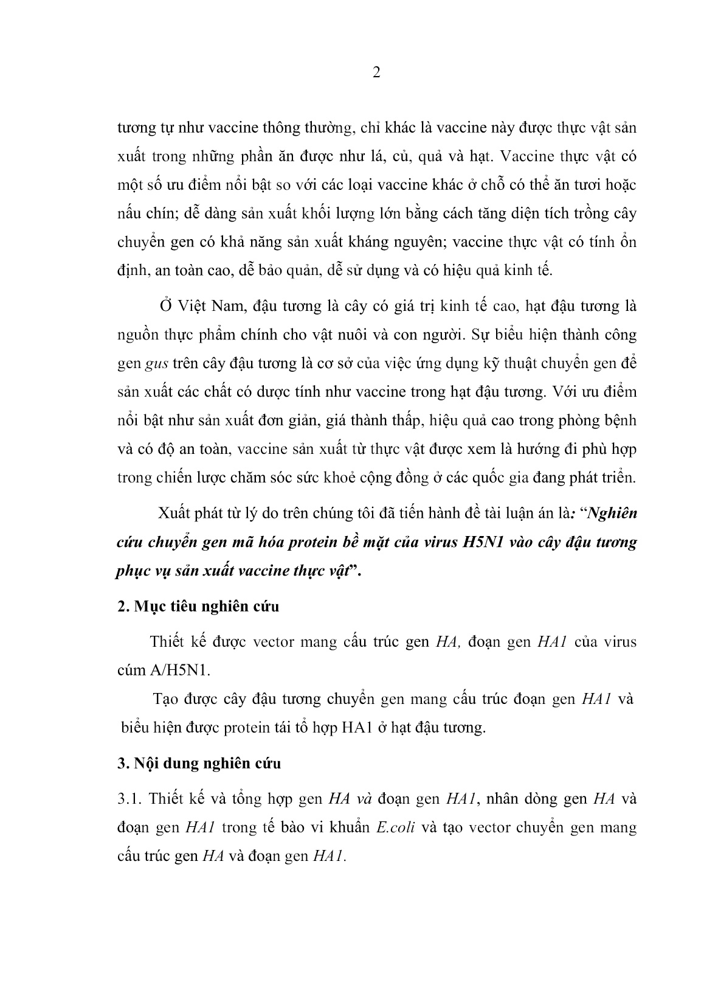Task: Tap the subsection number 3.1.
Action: pyautogui.click(x=129, y=799)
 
